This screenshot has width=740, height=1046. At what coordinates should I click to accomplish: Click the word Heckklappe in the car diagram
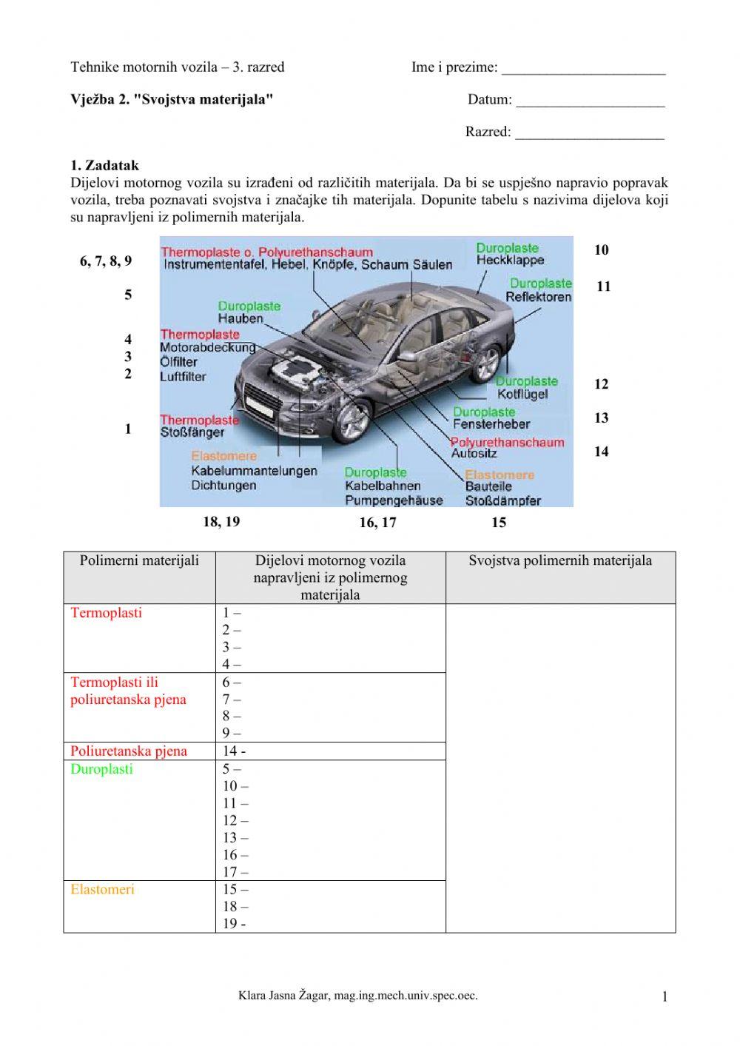tap(510, 261)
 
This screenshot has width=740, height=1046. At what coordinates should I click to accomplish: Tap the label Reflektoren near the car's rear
tap(538, 297)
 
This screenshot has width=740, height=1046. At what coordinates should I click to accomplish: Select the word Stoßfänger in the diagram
tap(192, 432)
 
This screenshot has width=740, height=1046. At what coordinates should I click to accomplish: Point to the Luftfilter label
tap(183, 377)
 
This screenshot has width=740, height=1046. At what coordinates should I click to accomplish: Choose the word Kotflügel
tap(522, 395)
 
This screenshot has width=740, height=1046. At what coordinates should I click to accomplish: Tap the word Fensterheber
tap(491, 424)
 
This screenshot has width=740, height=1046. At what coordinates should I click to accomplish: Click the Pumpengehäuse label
tap(394, 500)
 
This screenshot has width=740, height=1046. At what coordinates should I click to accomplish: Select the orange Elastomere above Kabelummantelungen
tap(223, 456)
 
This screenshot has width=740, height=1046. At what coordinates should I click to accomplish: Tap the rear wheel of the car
tap(485, 363)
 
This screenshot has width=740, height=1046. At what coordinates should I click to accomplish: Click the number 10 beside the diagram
tap(601, 250)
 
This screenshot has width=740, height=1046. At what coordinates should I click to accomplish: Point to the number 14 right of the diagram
tap(601, 452)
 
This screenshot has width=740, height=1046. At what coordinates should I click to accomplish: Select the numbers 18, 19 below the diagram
tap(221, 522)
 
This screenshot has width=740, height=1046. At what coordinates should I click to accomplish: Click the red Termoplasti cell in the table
tap(106, 613)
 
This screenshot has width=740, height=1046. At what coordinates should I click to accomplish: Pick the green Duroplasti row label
tap(101, 769)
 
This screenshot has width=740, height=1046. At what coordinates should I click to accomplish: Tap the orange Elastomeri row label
tap(102, 890)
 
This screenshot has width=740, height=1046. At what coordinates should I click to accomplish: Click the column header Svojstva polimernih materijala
tap(560, 560)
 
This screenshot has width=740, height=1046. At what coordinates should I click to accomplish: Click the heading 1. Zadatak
tap(104, 166)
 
